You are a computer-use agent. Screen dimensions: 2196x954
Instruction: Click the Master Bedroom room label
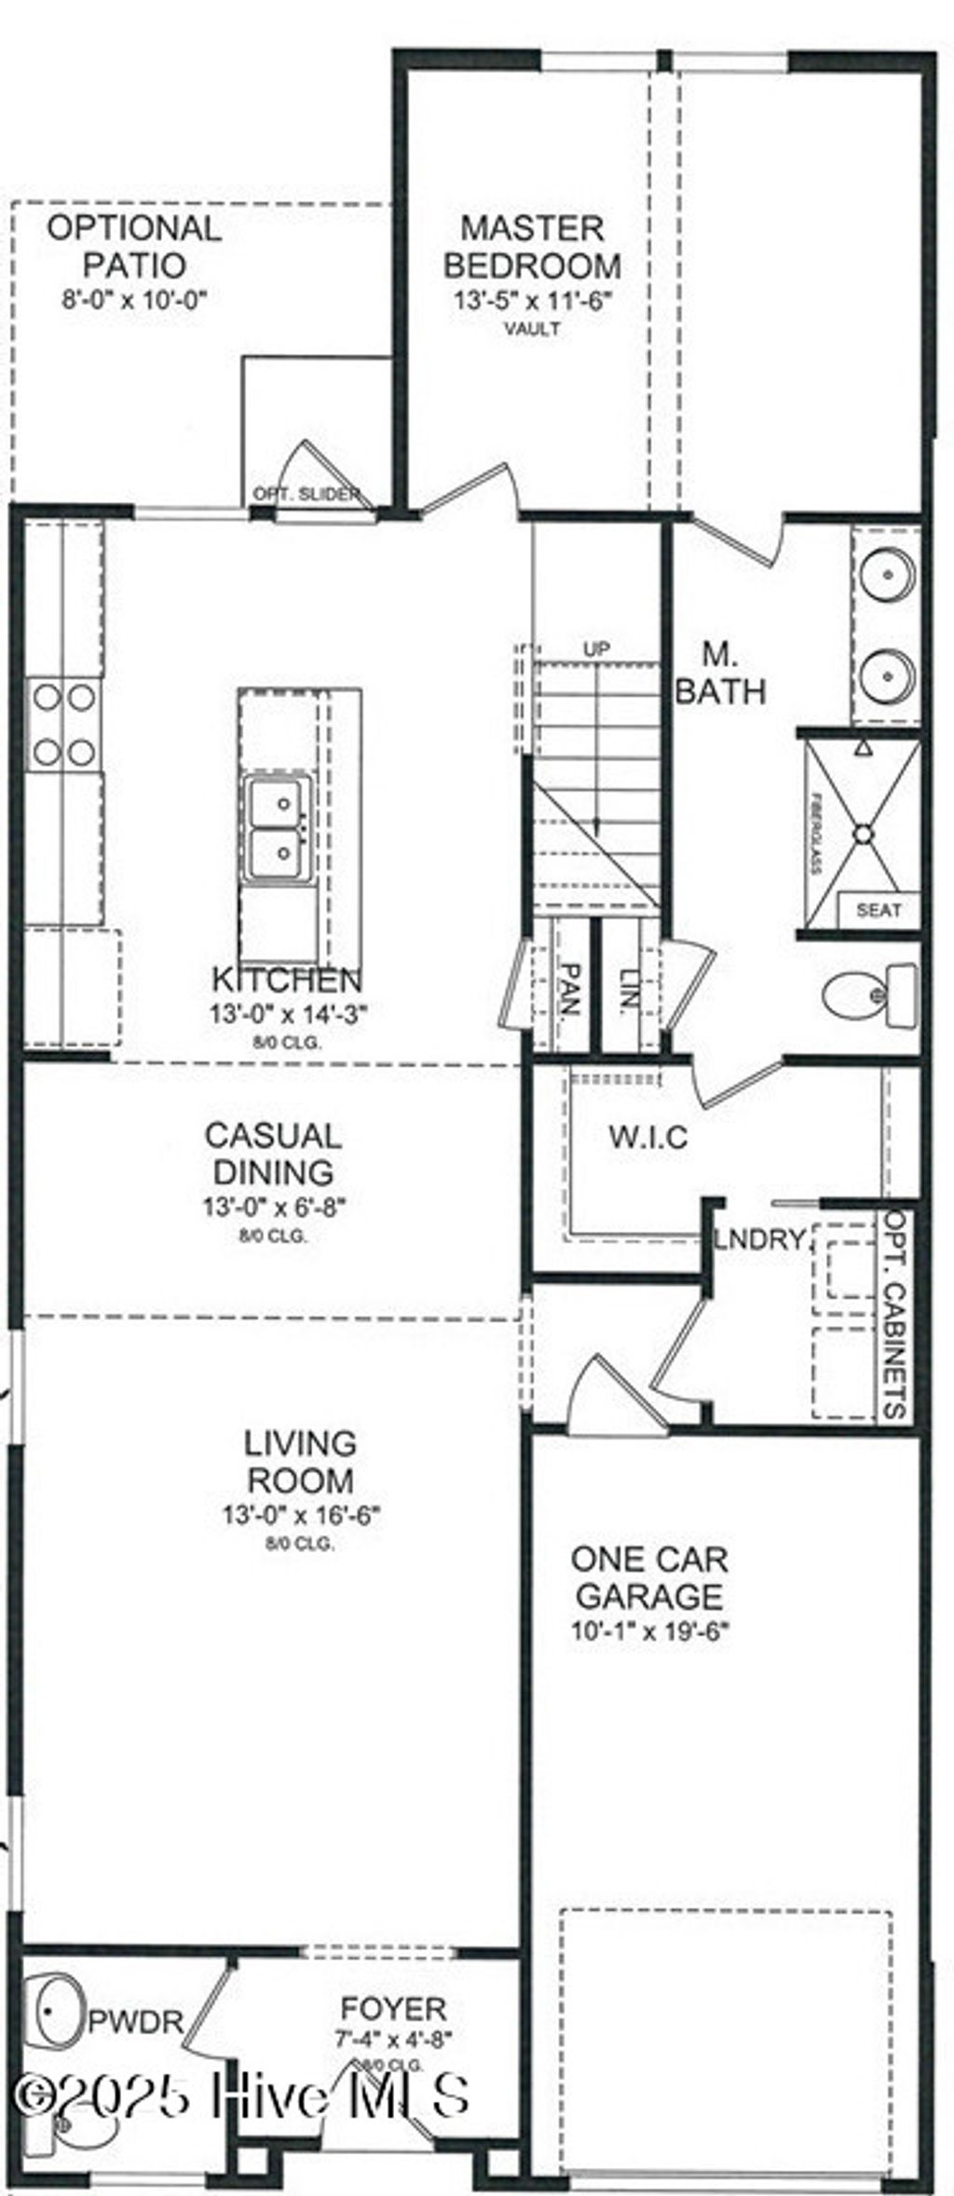click(x=532, y=247)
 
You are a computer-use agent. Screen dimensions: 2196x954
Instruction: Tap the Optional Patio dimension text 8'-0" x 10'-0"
click(x=133, y=300)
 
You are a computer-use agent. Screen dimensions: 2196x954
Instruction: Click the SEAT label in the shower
click(x=878, y=910)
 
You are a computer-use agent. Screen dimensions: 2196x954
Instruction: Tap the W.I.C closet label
click(x=648, y=1137)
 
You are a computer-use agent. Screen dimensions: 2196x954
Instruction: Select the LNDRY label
click(x=759, y=1239)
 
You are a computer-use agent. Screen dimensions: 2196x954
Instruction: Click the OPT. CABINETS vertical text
click(x=896, y=1314)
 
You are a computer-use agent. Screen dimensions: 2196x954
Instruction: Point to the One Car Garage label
click(x=649, y=1577)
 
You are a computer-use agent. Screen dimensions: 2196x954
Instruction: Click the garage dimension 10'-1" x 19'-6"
click(x=649, y=1631)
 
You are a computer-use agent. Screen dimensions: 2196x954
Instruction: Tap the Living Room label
click(x=299, y=1461)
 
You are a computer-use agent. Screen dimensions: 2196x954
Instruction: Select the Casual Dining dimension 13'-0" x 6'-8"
click(x=274, y=1207)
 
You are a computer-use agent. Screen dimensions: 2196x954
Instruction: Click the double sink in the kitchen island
click(x=275, y=826)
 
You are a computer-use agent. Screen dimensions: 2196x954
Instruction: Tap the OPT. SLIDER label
click(x=307, y=494)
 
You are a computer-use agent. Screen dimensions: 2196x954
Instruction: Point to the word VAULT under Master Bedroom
click(x=532, y=329)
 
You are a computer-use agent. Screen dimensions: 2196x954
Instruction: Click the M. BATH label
click(x=720, y=673)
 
